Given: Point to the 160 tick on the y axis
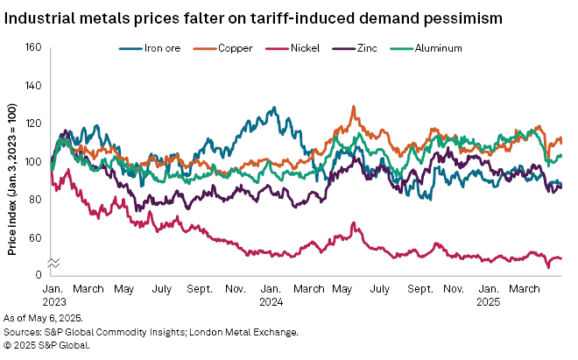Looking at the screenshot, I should coord(34,47).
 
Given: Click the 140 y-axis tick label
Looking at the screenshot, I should coord(34,86).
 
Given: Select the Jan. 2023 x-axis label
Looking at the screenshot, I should coord(53,293).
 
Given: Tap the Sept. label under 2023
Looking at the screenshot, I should coord(201,288).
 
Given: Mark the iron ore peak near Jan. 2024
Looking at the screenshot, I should coord(274,108).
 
